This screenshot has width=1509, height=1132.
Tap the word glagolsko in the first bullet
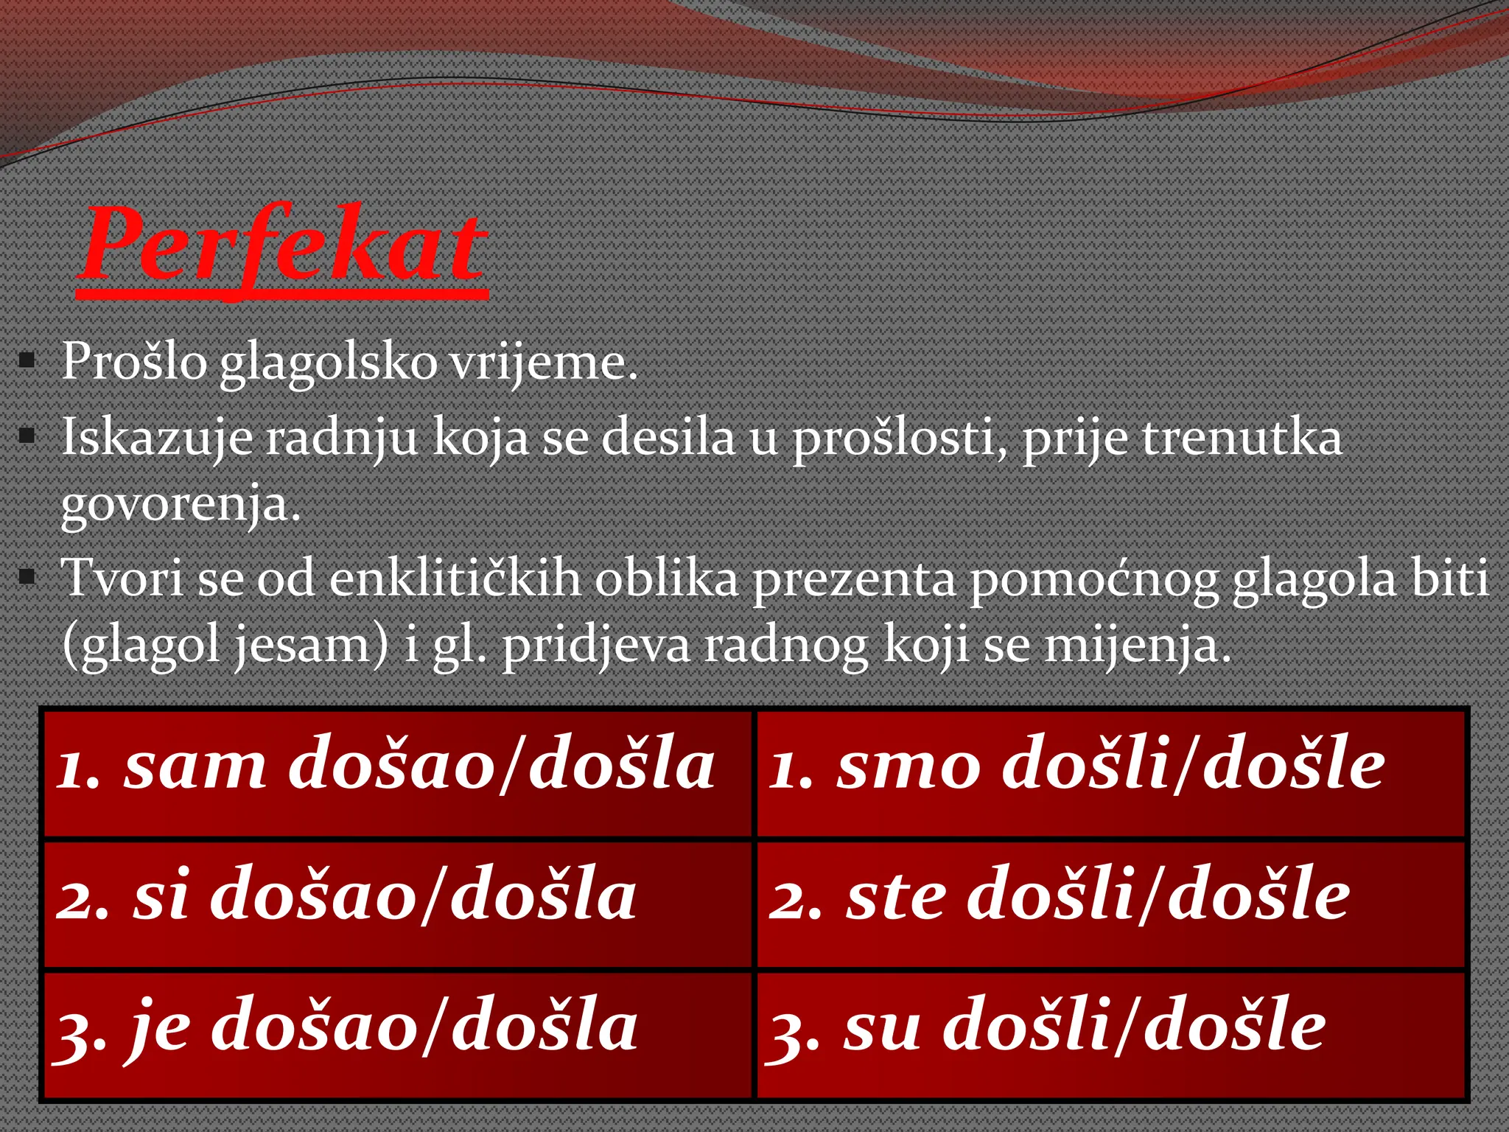point(329,363)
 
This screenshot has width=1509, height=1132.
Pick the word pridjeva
point(596,646)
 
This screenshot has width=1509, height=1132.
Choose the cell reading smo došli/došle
point(1110,772)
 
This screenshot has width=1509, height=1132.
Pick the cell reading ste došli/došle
point(1110,904)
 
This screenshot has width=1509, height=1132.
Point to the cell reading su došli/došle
point(1110,1034)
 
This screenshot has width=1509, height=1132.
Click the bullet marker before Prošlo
point(27,362)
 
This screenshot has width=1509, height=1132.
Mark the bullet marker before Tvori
point(27,577)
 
